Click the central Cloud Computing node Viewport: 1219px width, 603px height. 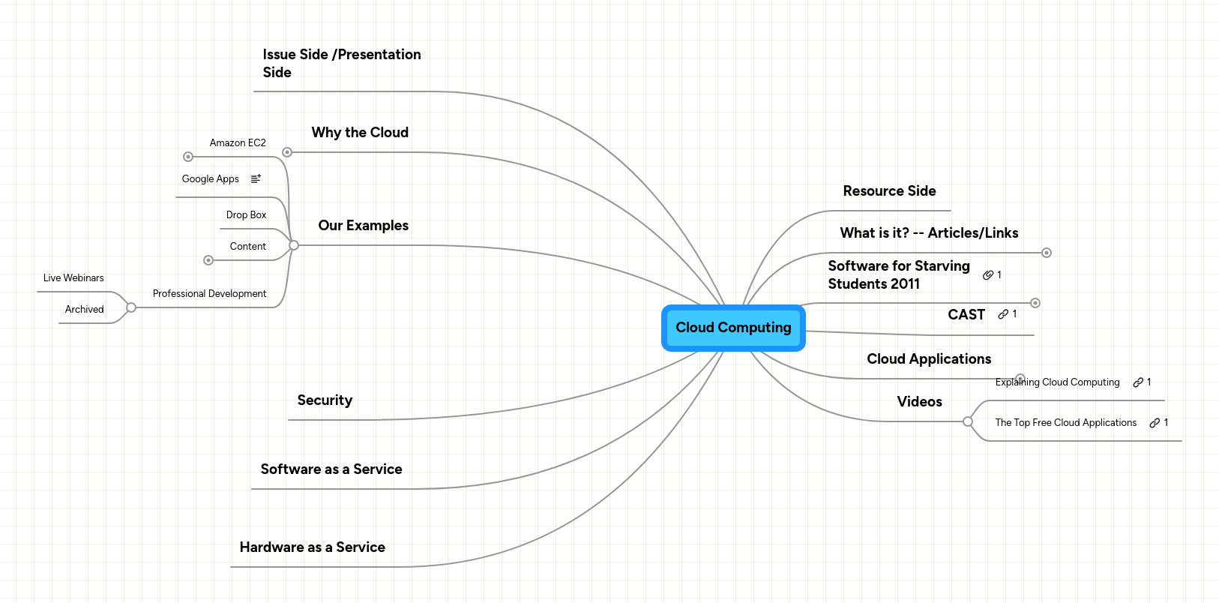coord(733,328)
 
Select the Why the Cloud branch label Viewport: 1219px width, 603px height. coord(360,133)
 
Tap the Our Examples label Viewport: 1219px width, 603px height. coord(363,226)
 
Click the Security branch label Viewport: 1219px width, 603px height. coord(325,400)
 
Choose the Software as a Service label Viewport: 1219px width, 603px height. coord(331,469)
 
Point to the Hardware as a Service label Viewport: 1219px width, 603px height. coord(312,547)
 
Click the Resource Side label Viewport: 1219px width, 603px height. coord(889,191)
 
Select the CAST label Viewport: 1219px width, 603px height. coord(966,315)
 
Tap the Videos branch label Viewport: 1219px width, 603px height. coord(919,402)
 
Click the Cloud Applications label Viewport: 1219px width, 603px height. coord(929,359)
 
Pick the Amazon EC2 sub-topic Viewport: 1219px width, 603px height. coord(238,143)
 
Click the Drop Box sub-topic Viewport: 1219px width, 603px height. coord(246,215)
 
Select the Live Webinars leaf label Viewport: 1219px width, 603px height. coord(73,278)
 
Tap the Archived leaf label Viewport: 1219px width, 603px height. coord(84,310)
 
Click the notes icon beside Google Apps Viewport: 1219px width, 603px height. coord(256,178)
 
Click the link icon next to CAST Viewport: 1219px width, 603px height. coord(1003,314)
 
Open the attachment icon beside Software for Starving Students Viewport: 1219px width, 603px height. coord(988,275)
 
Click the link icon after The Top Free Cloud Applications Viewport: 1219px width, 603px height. coord(1155,423)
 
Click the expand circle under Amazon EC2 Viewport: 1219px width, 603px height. coord(188,157)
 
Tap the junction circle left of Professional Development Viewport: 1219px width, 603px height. coord(131,307)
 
